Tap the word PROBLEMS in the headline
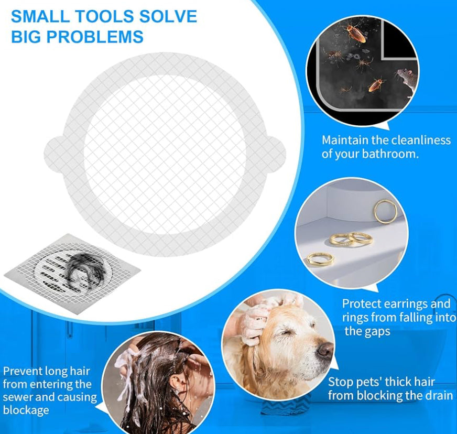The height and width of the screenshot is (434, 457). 95,37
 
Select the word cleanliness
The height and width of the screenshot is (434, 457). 420,140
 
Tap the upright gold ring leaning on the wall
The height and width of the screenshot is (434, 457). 385,212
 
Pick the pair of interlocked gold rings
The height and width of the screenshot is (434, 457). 351,239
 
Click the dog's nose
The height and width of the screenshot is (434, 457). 325,349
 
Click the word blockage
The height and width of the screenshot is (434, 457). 26,410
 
